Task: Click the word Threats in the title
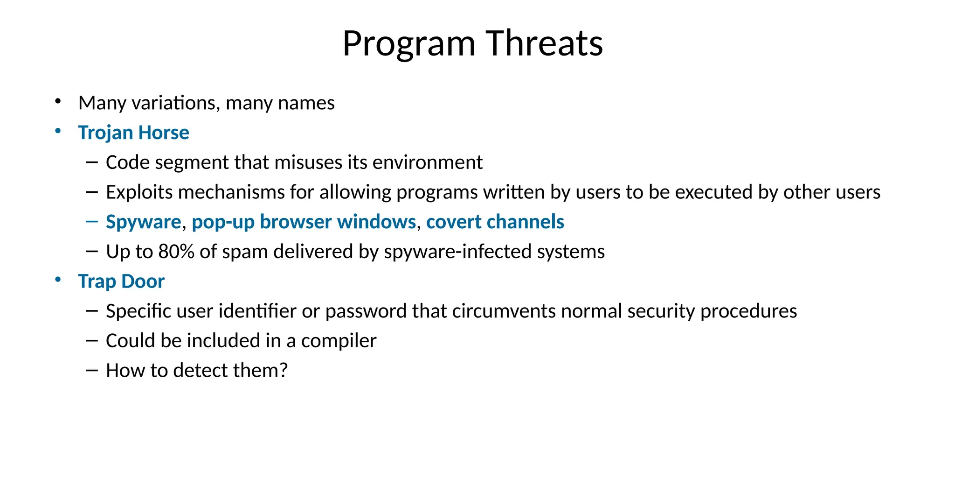(x=544, y=43)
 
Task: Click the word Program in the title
(x=408, y=44)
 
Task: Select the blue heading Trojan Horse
(x=133, y=133)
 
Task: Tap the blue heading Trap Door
(x=121, y=281)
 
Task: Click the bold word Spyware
(x=143, y=222)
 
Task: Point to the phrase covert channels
(x=495, y=222)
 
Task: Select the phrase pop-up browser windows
(x=304, y=222)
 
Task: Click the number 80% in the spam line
(x=176, y=252)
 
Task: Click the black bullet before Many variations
(x=58, y=101)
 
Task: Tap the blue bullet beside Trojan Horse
(x=58, y=131)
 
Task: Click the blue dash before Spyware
(x=92, y=221)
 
